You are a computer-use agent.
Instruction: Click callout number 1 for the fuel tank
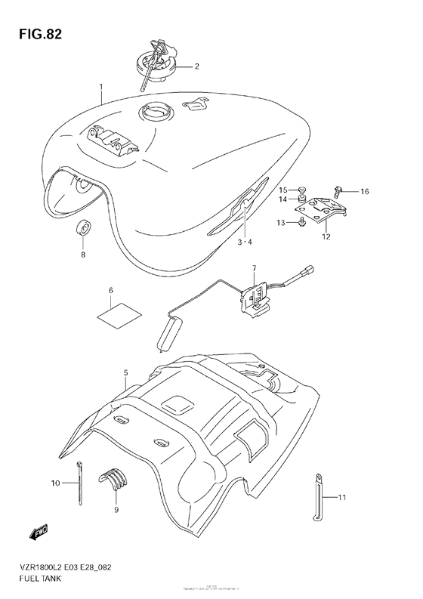101,88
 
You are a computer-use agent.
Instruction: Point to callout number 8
84,255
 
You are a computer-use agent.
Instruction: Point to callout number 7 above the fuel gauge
255,267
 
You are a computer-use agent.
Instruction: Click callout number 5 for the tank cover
126,372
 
